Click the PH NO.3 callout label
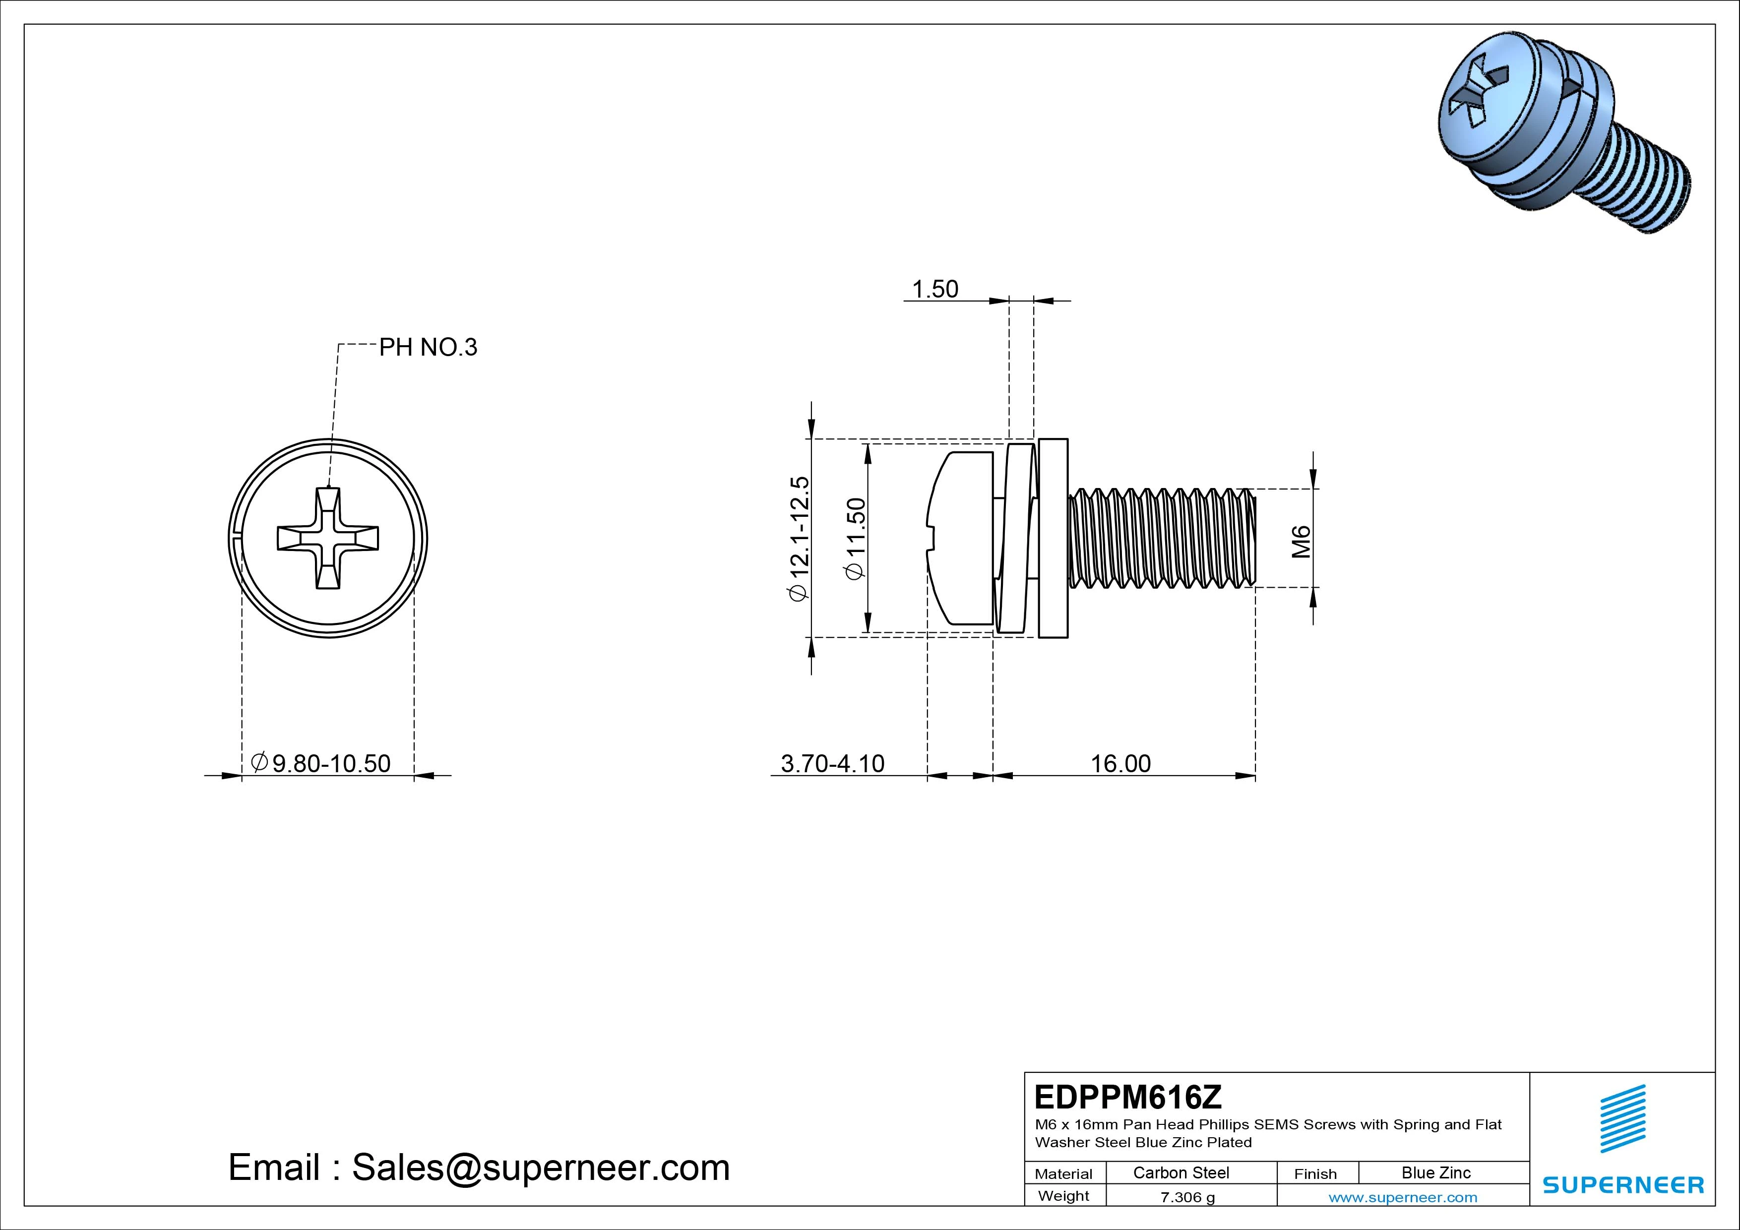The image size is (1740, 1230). click(428, 347)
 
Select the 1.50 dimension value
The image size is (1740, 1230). click(934, 290)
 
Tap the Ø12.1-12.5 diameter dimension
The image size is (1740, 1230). click(800, 538)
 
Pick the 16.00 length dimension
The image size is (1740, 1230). click(1120, 763)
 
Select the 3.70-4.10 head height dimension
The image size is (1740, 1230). click(832, 763)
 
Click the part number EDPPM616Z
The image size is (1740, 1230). click(1127, 1097)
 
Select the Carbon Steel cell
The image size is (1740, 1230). click(1181, 1172)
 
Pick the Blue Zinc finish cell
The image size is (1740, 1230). click(1435, 1172)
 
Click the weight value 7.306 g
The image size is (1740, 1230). click(1187, 1197)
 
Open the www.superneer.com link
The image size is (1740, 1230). click(1402, 1197)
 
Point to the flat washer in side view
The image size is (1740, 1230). click(1053, 538)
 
